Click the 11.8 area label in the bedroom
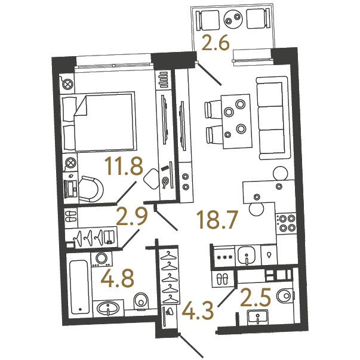pos(124,166)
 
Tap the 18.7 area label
pos(218,220)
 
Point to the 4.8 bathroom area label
pos(118,279)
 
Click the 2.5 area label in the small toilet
pos(256,298)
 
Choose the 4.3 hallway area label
pos(198,311)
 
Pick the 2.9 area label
pos(131,217)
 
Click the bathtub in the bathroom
pos(79,288)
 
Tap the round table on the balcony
pos(233,19)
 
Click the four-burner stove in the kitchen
pos(287,223)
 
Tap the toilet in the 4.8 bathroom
pos(141,301)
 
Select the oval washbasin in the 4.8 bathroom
pos(108,307)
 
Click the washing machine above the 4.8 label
pos(101,260)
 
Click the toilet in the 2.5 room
pos(285,296)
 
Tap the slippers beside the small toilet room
pos(223,279)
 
